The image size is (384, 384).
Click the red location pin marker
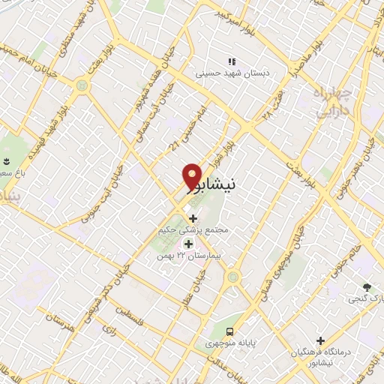193,176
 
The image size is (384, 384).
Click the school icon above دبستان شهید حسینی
232,61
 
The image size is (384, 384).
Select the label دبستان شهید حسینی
232,74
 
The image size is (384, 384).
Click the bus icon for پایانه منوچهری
231,331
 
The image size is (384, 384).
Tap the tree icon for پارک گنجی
367,286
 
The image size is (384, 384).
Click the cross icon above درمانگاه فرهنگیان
320,340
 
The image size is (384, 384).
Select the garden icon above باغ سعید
7,162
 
